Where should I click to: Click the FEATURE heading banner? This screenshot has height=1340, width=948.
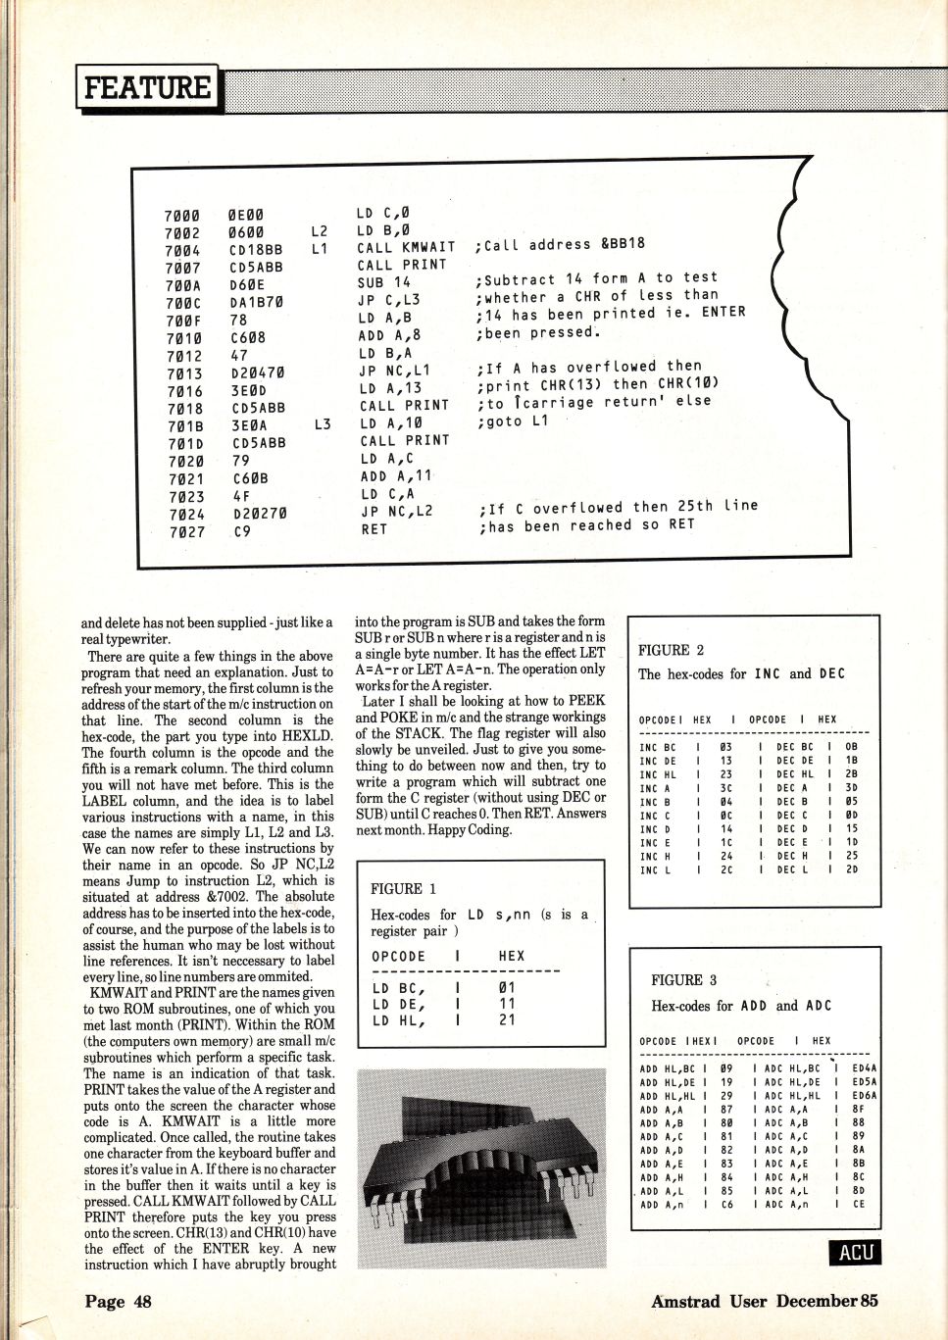147,88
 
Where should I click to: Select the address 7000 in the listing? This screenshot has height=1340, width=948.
181,216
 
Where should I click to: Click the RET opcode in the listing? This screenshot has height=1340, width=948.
374,529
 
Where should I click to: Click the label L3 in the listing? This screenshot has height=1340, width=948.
323,424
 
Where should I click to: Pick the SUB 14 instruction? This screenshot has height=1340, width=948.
384,282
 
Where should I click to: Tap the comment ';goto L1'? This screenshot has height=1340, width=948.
514,421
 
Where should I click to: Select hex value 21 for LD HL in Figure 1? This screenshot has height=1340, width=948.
507,1020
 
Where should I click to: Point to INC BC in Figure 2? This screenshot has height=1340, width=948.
657,747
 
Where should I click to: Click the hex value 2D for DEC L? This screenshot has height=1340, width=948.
851,869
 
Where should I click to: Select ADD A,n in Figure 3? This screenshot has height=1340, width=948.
662,1205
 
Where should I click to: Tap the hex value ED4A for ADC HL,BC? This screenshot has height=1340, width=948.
865,1068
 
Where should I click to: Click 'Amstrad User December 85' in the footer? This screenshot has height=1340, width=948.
764,1302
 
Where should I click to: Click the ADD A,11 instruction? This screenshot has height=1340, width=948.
396,476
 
